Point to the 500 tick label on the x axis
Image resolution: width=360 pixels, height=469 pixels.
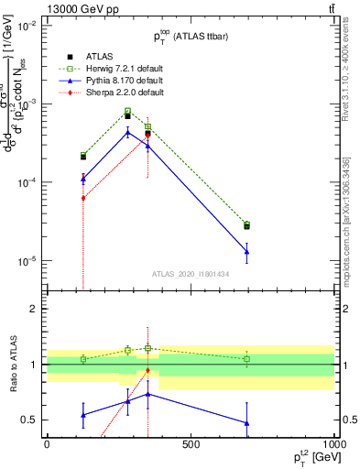[191, 445]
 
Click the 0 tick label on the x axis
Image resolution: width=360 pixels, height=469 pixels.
[47, 445]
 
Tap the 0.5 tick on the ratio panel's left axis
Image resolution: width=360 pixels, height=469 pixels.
[29, 420]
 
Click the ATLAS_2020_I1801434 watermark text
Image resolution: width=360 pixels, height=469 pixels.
[191, 274]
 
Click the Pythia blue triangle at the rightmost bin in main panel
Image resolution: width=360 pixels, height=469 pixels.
[247, 252]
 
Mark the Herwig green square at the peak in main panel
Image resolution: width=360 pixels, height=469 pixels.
[128, 112]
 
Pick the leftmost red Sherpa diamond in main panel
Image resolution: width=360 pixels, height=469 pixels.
[83, 198]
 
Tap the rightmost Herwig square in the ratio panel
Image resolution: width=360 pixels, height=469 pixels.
[247, 359]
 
